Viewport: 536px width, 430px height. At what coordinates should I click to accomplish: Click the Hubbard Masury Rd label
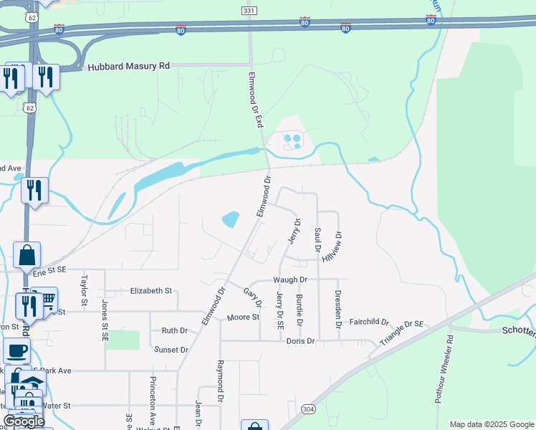(128, 67)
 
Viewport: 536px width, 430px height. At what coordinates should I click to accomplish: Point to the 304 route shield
(308, 408)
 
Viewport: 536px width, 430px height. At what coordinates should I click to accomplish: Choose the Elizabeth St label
(151, 291)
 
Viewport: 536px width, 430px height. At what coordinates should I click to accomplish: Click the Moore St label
(242, 317)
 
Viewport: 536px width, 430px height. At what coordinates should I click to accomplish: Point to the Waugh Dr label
(289, 279)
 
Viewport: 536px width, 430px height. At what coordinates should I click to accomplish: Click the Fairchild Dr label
(369, 322)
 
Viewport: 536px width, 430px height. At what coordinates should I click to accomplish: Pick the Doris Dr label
(301, 341)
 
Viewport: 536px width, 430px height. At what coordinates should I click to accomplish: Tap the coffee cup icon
(16, 350)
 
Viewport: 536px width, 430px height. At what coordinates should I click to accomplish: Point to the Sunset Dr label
(171, 350)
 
